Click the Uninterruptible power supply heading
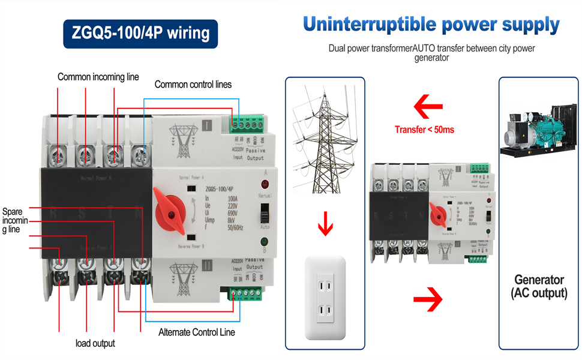tap(431, 25)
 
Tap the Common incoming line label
tap(98, 77)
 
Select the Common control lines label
tap(193, 85)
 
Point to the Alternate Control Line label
tap(197, 332)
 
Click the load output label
tap(95, 343)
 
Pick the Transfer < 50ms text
tap(424, 130)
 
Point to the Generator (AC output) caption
tap(539, 286)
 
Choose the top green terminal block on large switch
tap(247, 124)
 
